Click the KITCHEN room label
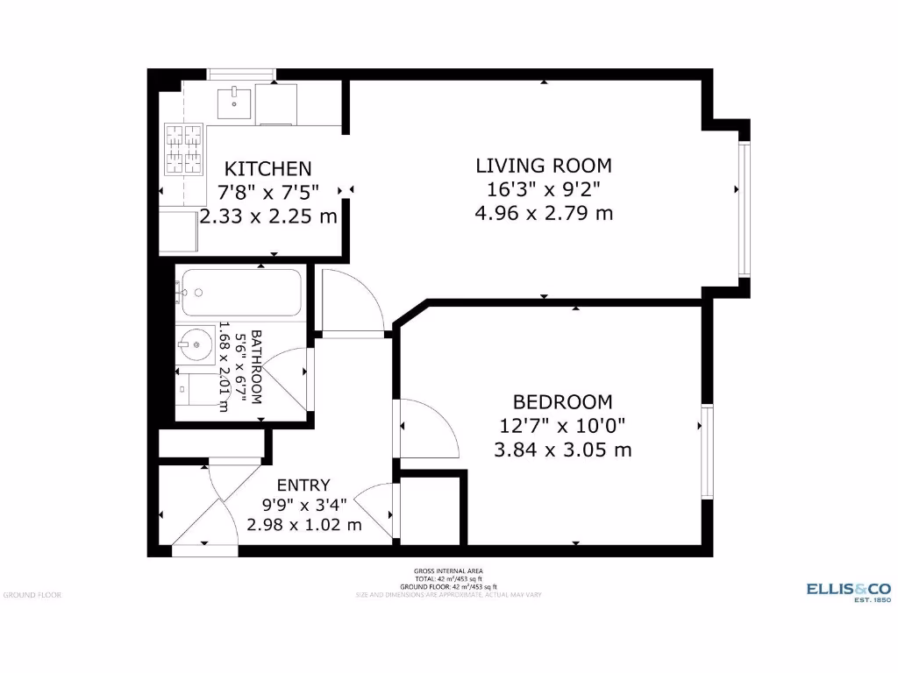coord(268,168)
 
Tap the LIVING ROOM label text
coord(543,165)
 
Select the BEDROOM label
coord(562,401)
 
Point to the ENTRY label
coord(303,485)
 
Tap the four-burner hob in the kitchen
coord(183,148)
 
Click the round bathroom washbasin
coord(196,345)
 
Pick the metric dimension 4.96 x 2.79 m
coord(543,213)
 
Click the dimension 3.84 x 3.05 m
coord(562,450)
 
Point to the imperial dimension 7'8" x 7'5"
coord(268,191)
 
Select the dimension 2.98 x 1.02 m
coord(303,525)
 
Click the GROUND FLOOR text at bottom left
coord(32,595)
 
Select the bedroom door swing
coord(428,428)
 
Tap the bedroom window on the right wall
coord(706,451)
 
